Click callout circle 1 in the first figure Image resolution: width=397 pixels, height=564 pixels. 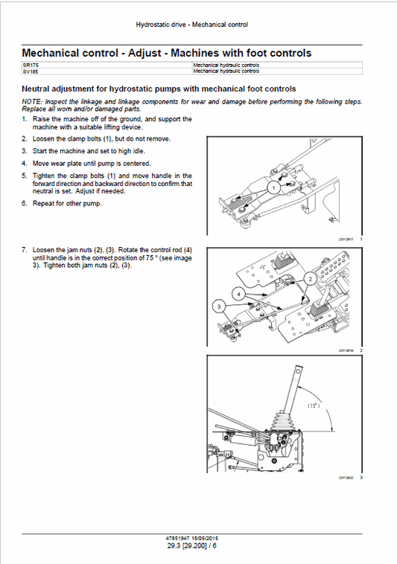(273, 189)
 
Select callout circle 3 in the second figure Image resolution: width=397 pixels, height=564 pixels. (218, 305)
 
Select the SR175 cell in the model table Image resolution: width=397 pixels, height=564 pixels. (31, 66)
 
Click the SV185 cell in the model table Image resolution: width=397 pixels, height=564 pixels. (31, 72)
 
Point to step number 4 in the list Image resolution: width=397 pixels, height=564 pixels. (24, 163)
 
